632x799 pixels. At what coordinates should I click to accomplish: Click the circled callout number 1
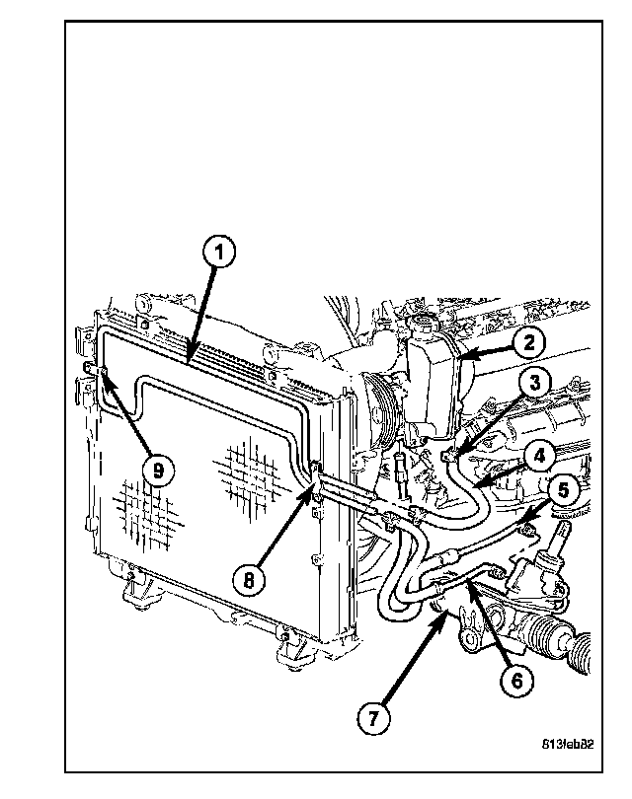point(219,253)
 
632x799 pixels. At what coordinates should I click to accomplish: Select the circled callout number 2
point(528,342)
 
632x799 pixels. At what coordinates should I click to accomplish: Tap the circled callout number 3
point(533,383)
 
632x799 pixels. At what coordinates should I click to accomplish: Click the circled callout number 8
point(250,580)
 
